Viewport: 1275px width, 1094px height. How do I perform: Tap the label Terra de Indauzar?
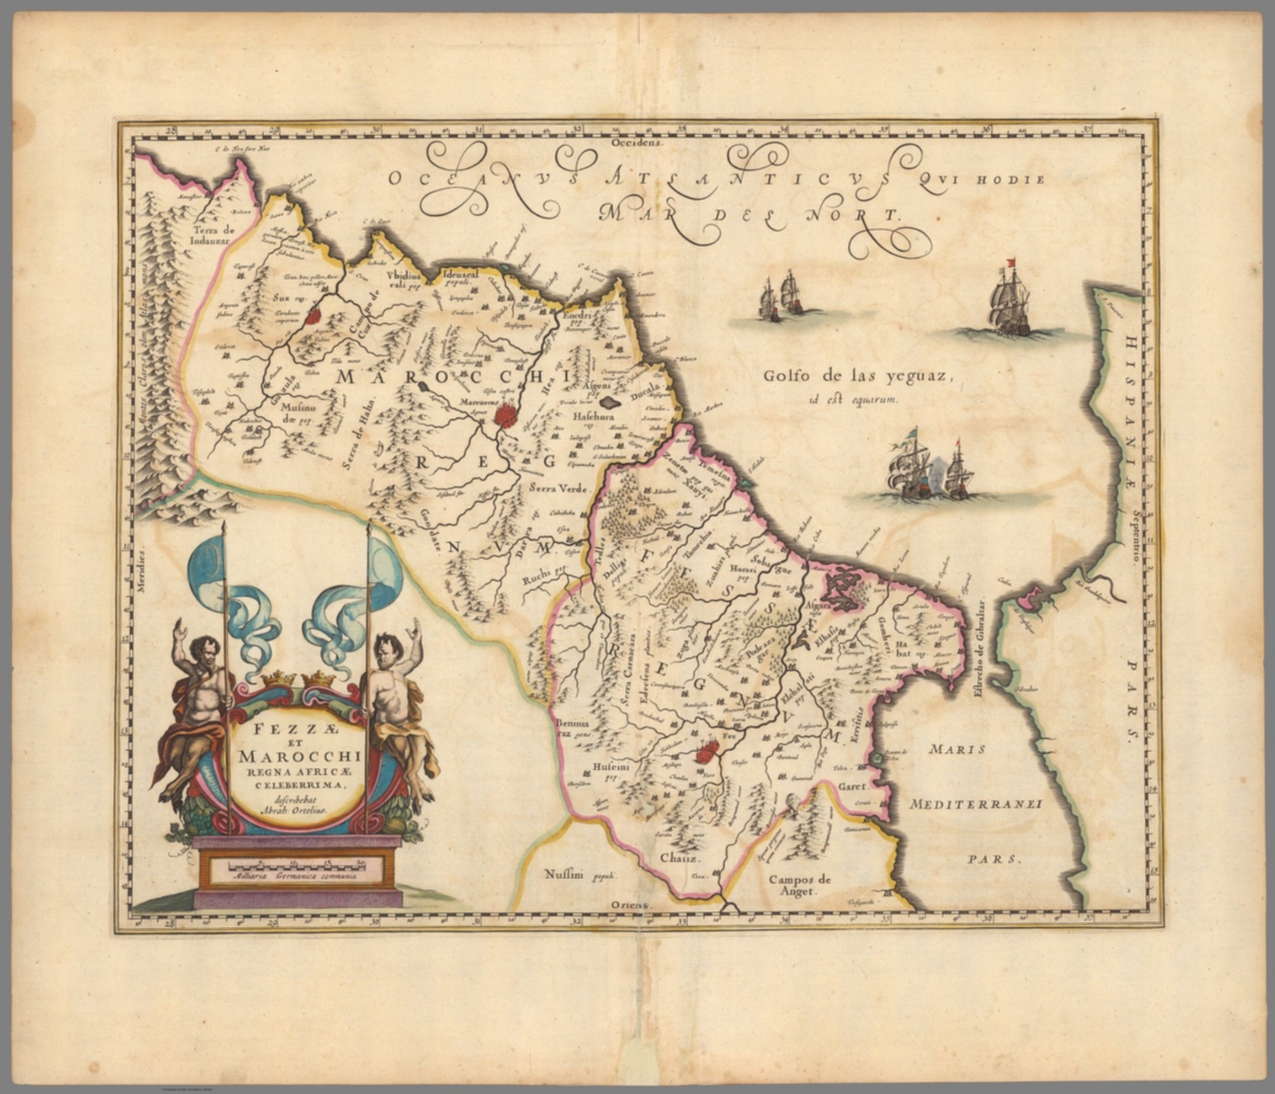pos(213,236)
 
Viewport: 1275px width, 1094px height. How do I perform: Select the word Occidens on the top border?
pos(636,143)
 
